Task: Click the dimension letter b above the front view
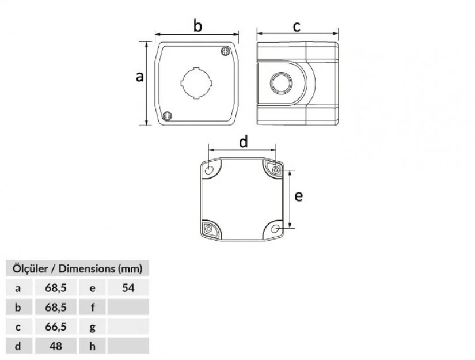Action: pos(197,26)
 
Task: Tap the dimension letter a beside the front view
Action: pos(139,77)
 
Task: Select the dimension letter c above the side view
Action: pos(297,26)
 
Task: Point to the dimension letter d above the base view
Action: pos(243,142)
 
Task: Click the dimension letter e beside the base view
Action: pos(298,196)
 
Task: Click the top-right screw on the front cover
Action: pos(225,51)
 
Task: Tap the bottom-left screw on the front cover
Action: pos(167,116)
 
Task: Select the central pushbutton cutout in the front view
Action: pos(196,83)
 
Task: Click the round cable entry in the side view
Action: pos(281,83)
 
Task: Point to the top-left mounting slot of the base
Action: pos(209,170)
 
